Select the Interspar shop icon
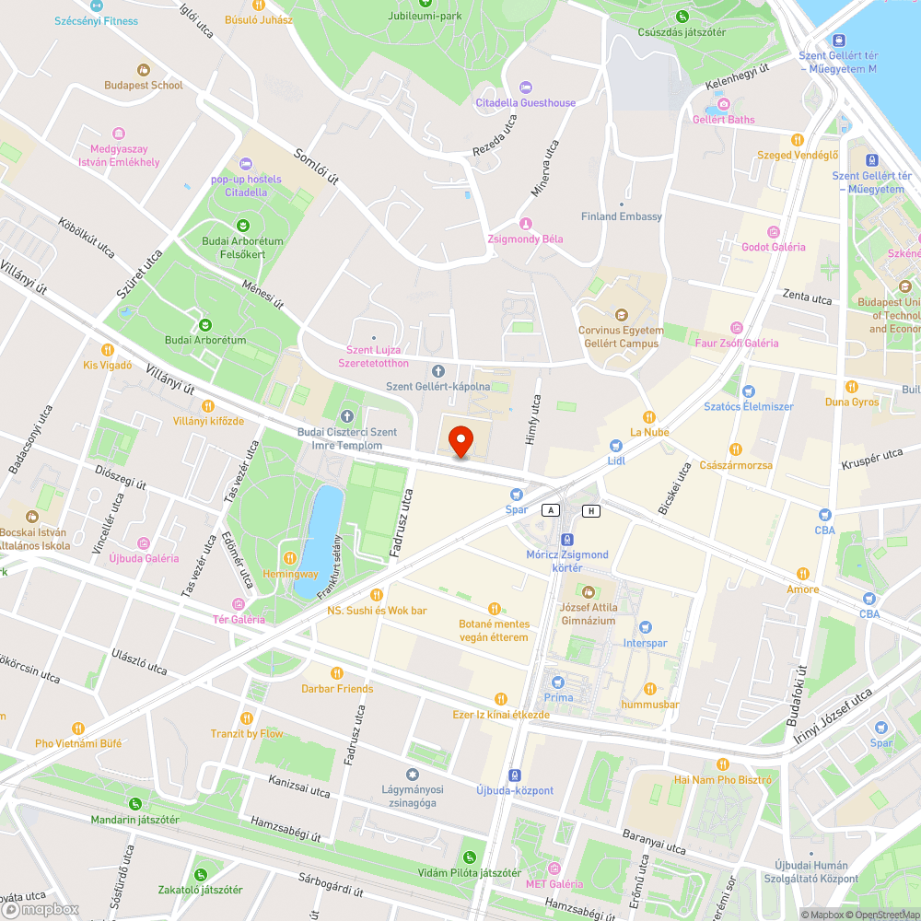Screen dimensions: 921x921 645,627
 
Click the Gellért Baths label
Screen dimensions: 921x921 723,119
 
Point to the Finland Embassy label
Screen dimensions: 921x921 622,216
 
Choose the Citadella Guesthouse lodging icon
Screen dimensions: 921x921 526,87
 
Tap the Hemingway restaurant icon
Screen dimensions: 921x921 291,558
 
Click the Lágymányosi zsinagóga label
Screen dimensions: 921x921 413,796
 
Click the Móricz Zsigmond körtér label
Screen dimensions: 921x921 567,561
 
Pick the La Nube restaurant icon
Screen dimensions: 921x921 649,416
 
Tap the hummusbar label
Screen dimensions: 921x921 650,705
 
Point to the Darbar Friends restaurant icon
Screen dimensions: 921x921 337,673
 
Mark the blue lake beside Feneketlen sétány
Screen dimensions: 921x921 323,530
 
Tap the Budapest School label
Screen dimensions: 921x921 144,85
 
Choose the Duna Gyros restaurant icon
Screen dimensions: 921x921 852,387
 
